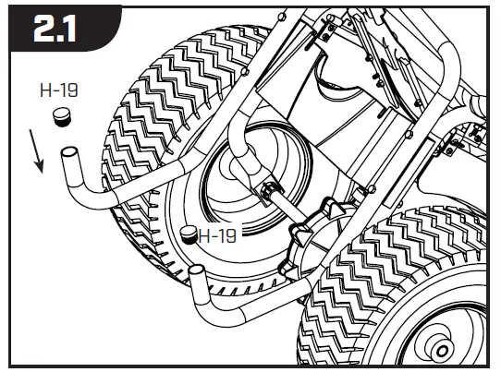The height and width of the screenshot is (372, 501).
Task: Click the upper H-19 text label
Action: pyautogui.click(x=58, y=91)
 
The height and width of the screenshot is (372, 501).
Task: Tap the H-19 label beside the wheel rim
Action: pyautogui.click(x=218, y=235)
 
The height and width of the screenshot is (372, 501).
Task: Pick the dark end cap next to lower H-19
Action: pyautogui.click(x=189, y=234)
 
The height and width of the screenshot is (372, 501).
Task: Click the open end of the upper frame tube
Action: pyautogui.click(x=69, y=153)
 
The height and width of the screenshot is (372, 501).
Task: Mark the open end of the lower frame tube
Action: pyautogui.click(x=196, y=271)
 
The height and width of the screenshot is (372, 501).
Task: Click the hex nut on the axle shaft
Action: pyautogui.click(x=270, y=191)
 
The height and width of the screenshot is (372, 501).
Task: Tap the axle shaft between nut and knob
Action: pyautogui.click(x=287, y=207)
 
